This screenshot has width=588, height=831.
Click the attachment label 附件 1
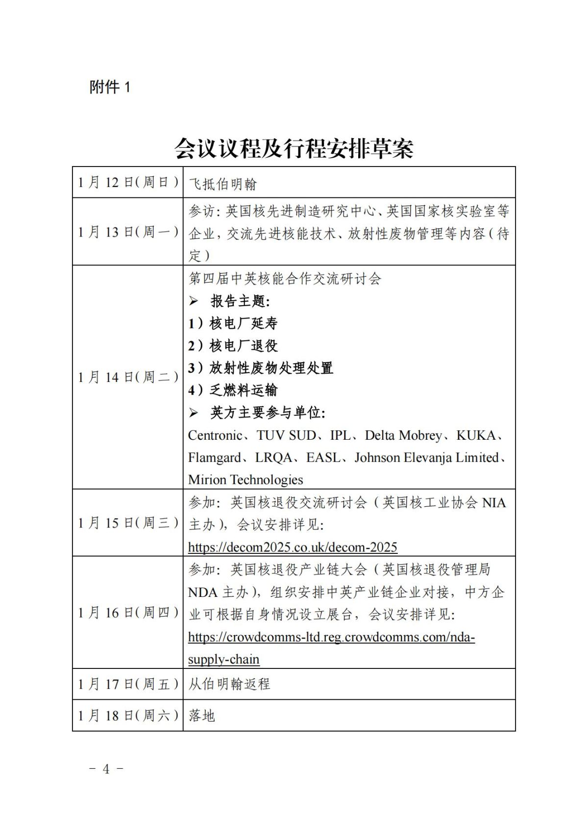pos(110,87)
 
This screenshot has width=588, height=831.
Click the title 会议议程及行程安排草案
pos(294,148)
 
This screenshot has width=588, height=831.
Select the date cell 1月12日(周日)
pos(128,182)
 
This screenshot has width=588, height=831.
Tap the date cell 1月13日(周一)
pos(128,232)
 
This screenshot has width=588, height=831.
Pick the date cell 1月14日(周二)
pos(128,377)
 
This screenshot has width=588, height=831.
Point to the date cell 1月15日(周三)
pos(128,522)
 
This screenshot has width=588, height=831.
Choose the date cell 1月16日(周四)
pos(128,612)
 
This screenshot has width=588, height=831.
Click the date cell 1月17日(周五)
pos(128,684)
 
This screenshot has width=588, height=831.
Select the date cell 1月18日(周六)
pos(128,715)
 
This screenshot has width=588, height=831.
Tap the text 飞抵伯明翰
pos(223,184)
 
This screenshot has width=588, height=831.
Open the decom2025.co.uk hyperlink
pos(293,547)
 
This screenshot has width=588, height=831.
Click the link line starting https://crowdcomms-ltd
pos(331,637)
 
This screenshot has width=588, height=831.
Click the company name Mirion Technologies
pos(245,479)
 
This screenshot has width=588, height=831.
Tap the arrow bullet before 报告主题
pos(194,301)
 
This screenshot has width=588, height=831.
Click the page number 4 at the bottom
pos(106,769)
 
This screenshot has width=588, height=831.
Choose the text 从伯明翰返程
pos(229,684)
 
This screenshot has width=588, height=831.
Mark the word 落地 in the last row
pos(202,715)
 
